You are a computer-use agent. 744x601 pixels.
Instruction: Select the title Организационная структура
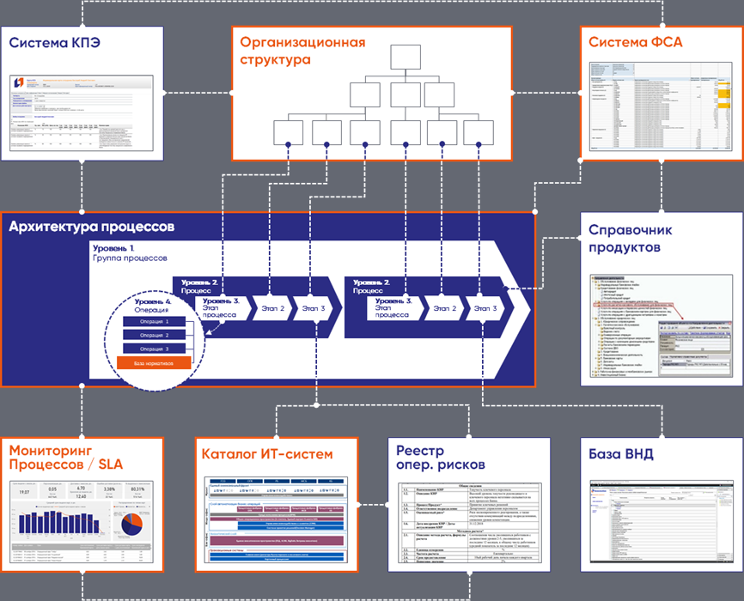tap(302, 51)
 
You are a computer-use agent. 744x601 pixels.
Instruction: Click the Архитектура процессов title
tap(92, 228)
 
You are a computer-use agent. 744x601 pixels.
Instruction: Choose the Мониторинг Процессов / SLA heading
tap(65, 458)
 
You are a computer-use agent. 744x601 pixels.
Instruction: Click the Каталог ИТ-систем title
tap(266, 453)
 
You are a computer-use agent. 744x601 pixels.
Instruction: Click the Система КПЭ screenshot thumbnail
tap(82, 112)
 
